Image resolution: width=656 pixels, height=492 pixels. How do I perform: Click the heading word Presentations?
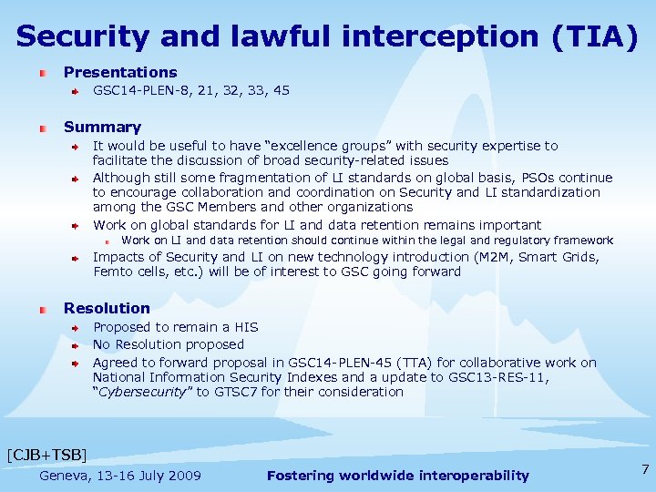(120, 72)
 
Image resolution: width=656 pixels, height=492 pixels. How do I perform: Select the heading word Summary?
(102, 128)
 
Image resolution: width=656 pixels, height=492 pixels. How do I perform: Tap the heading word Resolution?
(107, 308)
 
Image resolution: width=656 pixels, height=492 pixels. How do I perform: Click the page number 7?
(645, 470)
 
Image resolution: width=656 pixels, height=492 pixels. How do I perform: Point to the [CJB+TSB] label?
(46, 454)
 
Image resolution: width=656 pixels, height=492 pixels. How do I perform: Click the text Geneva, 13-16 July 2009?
(120, 476)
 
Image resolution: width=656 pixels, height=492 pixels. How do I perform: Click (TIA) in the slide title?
(593, 36)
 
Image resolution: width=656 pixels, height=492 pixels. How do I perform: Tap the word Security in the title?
(78, 36)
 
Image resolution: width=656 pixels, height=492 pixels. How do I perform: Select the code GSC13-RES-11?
(505, 377)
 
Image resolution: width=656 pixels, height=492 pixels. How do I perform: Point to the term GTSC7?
(232, 392)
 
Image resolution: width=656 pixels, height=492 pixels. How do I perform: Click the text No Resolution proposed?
(169, 344)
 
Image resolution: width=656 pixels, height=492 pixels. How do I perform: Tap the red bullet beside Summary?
(43, 128)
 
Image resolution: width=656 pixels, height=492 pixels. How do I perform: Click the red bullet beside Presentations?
(43, 73)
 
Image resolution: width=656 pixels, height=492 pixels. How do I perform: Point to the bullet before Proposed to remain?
(77, 328)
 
